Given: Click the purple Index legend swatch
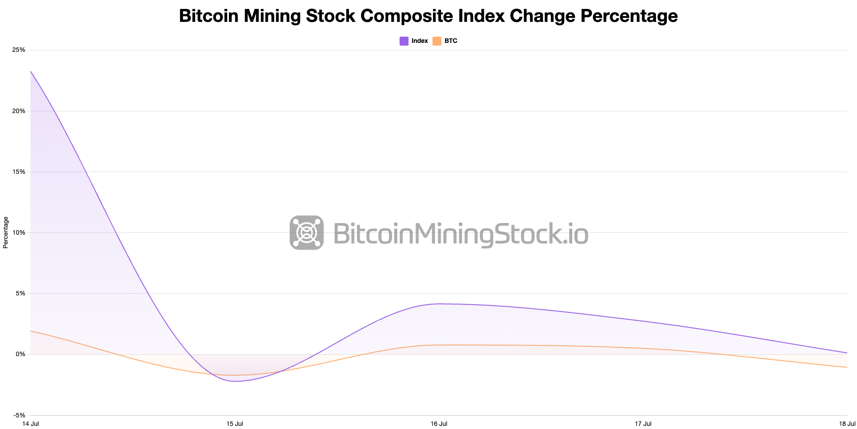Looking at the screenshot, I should pos(404,41).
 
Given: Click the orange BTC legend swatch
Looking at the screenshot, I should pos(437,41).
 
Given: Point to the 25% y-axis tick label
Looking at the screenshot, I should pos(19,50).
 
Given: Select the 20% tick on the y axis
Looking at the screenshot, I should pos(19,111).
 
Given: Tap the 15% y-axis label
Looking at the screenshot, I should pos(19,172).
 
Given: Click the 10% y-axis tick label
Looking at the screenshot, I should pos(19,232).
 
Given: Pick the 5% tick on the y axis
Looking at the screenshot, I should pos(21,294).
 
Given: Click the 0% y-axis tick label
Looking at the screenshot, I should pos(21,354).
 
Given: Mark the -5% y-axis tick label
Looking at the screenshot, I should pos(20,415).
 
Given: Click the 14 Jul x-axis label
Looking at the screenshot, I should pos(30,424).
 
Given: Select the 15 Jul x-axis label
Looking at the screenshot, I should pos(235,424).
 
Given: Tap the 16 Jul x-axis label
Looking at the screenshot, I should pos(439,424).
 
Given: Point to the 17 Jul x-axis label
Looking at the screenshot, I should pos(643,424).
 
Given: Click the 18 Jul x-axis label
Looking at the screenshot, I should pos(847,424).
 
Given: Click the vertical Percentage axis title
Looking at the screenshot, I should pos(6,232).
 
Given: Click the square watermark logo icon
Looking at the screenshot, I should pos(307,232).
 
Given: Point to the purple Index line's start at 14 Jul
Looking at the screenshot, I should pos(31,71).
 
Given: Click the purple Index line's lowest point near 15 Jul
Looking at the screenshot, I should pos(235,381).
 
